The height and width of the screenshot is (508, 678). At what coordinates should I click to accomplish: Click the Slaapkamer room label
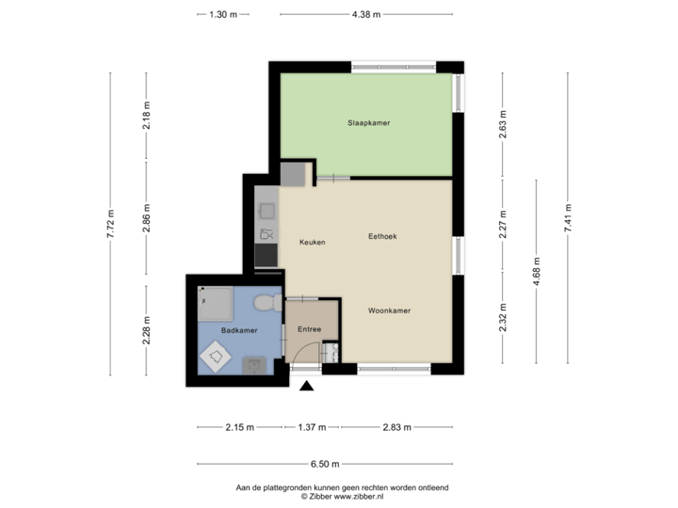[368, 123]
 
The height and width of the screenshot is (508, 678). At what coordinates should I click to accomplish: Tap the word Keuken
[313, 243]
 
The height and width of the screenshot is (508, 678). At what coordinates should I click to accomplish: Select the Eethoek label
[381, 237]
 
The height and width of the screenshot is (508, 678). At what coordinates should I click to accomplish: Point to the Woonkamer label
[389, 310]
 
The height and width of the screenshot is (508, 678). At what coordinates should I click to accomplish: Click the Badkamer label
[239, 330]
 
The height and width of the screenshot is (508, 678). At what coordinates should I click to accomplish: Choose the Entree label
[310, 329]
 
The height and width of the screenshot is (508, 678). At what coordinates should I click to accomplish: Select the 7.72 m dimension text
[111, 223]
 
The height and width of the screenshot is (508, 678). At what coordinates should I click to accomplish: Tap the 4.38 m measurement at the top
[363, 14]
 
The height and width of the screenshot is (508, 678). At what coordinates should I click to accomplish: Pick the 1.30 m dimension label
[223, 14]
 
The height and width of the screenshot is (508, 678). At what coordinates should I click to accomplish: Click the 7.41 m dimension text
[568, 223]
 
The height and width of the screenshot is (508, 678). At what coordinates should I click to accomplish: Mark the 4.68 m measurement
[535, 270]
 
